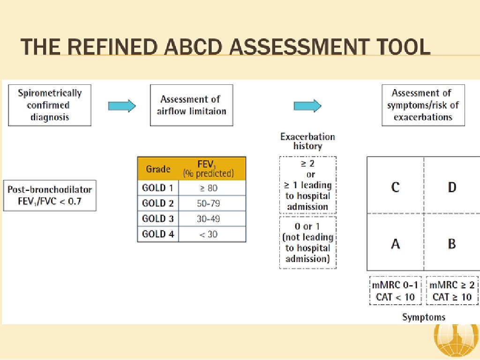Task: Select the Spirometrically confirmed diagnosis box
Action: tap(50, 105)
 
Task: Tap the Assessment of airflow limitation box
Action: tap(191, 105)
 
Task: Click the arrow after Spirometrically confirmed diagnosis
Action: tap(121, 106)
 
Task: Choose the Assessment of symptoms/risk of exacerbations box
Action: tap(423, 105)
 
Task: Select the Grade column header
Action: tap(158, 169)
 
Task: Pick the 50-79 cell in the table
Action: tap(212, 203)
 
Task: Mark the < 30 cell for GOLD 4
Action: tap(212, 234)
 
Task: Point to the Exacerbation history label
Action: tap(307, 141)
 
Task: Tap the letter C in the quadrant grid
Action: tap(395, 187)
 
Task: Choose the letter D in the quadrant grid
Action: tap(452, 187)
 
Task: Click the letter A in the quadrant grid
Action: tap(395, 244)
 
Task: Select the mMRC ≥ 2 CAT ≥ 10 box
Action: tap(452, 291)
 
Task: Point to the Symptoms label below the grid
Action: tap(423, 317)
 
